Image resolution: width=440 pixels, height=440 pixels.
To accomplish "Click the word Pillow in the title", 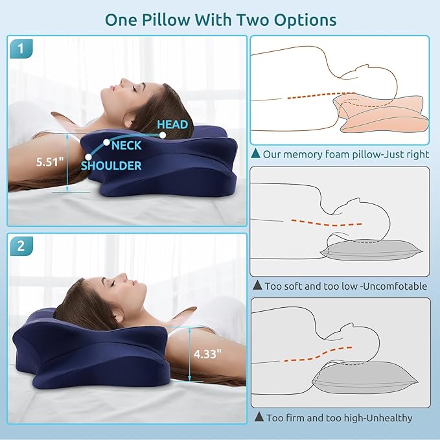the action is point(166,20).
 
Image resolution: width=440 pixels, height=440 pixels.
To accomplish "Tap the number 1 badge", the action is point(21,49).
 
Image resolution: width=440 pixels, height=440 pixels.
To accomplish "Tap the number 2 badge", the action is point(21,246).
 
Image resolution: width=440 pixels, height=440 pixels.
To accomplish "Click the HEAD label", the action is point(172,124).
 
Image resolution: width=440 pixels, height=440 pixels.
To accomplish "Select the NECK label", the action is point(126,145).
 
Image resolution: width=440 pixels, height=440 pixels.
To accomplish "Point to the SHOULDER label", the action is point(111,165).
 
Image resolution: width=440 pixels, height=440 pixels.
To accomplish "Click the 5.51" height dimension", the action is point(50,161).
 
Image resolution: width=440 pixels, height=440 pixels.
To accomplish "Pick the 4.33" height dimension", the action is point(207,354).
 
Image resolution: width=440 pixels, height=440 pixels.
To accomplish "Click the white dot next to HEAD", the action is point(163,135).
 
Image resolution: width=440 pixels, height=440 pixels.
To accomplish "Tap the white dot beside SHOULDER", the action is point(88,157).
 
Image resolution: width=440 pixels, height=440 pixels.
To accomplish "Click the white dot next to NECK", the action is point(106,143).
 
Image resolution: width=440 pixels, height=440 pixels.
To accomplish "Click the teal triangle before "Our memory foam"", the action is point(255,153).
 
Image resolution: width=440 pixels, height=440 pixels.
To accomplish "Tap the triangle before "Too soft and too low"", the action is point(257,285).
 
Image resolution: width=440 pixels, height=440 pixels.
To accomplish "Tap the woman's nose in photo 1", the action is point(122,81).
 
